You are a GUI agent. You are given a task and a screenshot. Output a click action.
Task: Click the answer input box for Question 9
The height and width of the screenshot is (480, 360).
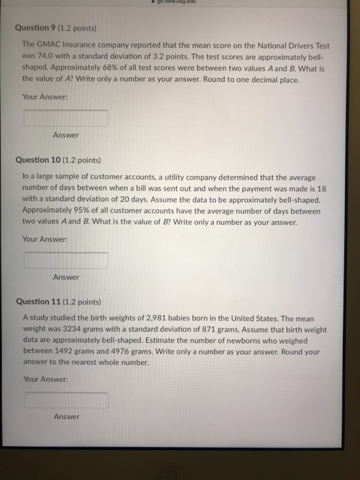click(x=67, y=119)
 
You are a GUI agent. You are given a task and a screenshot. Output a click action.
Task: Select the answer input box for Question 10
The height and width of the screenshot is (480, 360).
click(x=67, y=261)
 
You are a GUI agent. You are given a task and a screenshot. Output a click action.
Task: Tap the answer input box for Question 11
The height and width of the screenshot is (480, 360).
click(x=67, y=400)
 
